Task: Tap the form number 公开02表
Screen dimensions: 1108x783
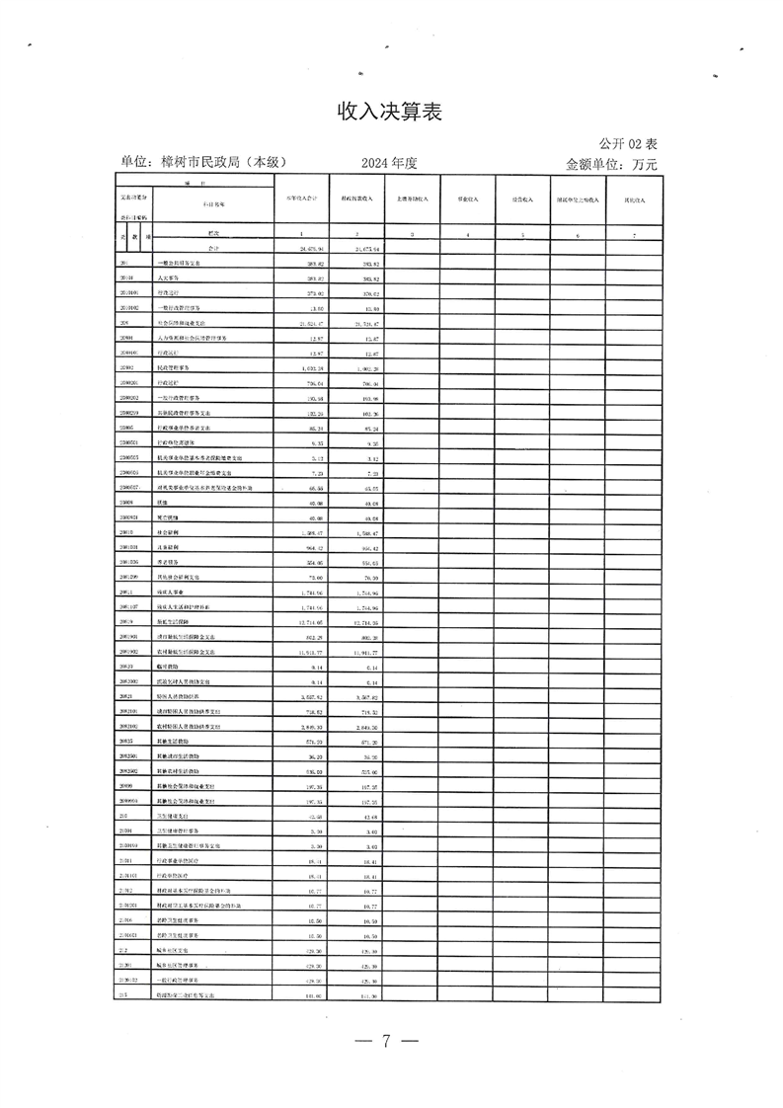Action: (x=627, y=144)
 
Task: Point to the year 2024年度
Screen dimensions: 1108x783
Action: (x=390, y=163)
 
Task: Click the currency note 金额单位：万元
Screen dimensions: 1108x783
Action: (x=611, y=164)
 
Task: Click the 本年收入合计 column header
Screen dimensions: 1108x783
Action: (x=300, y=199)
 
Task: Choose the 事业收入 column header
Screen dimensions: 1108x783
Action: (x=467, y=199)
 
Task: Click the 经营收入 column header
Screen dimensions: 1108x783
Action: (x=522, y=199)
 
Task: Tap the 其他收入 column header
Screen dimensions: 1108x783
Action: (x=634, y=199)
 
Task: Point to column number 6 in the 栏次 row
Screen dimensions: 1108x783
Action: (x=578, y=235)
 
